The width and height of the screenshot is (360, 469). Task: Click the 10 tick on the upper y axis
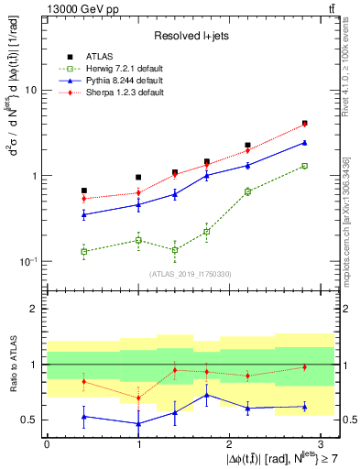32,91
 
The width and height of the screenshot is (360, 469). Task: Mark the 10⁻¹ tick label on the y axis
28,261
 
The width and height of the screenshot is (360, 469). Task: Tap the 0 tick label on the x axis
47,444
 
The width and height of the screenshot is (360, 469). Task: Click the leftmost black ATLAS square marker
84,191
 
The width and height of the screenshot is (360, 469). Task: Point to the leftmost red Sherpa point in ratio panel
84,381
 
